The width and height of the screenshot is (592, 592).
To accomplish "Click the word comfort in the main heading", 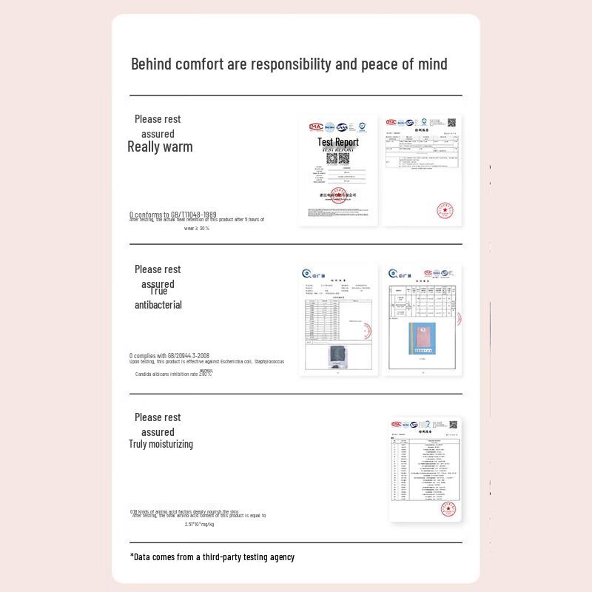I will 200,64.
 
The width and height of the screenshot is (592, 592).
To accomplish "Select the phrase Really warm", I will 160,147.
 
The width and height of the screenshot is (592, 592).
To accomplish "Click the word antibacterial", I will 158,305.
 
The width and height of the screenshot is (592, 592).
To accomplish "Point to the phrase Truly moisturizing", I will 161,444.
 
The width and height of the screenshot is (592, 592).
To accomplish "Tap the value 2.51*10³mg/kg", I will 199,525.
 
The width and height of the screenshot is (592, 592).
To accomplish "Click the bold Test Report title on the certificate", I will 338,142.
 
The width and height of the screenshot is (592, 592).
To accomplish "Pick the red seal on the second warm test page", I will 445,210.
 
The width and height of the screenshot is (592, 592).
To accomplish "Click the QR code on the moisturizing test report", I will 453,425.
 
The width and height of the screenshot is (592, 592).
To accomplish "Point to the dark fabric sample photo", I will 337,354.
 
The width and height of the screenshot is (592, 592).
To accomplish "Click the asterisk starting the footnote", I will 132,556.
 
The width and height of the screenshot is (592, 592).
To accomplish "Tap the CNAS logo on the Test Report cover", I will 343,127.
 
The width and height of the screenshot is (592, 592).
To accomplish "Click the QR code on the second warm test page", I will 451,122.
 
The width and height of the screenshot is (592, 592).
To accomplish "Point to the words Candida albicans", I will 152,374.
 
